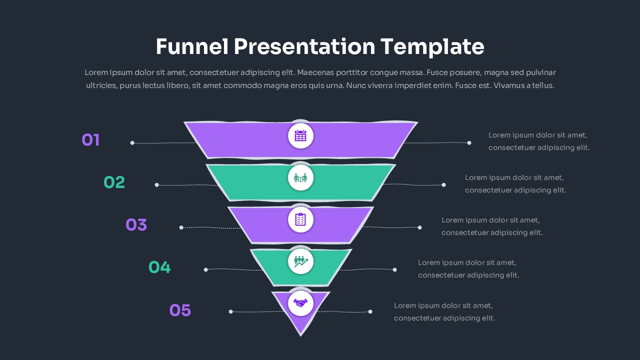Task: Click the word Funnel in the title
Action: tap(192, 46)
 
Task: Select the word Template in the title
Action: tap(432, 47)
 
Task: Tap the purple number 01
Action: tap(90, 140)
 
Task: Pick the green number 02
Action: tap(114, 182)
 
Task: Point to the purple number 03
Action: tap(136, 225)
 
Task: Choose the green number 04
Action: tap(159, 267)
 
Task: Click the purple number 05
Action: tap(180, 310)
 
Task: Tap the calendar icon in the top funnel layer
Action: tap(300, 135)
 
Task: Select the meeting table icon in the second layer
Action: tap(300, 177)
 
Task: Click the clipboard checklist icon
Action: tap(300, 219)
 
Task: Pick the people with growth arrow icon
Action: tap(301, 261)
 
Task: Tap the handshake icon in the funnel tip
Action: tap(300, 303)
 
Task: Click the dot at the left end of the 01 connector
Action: tap(132, 143)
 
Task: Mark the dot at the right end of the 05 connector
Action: tap(370, 311)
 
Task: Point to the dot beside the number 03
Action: tap(181, 227)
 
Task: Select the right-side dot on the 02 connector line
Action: tap(443, 185)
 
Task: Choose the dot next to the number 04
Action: tap(205, 269)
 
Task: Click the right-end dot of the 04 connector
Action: tap(395, 269)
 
